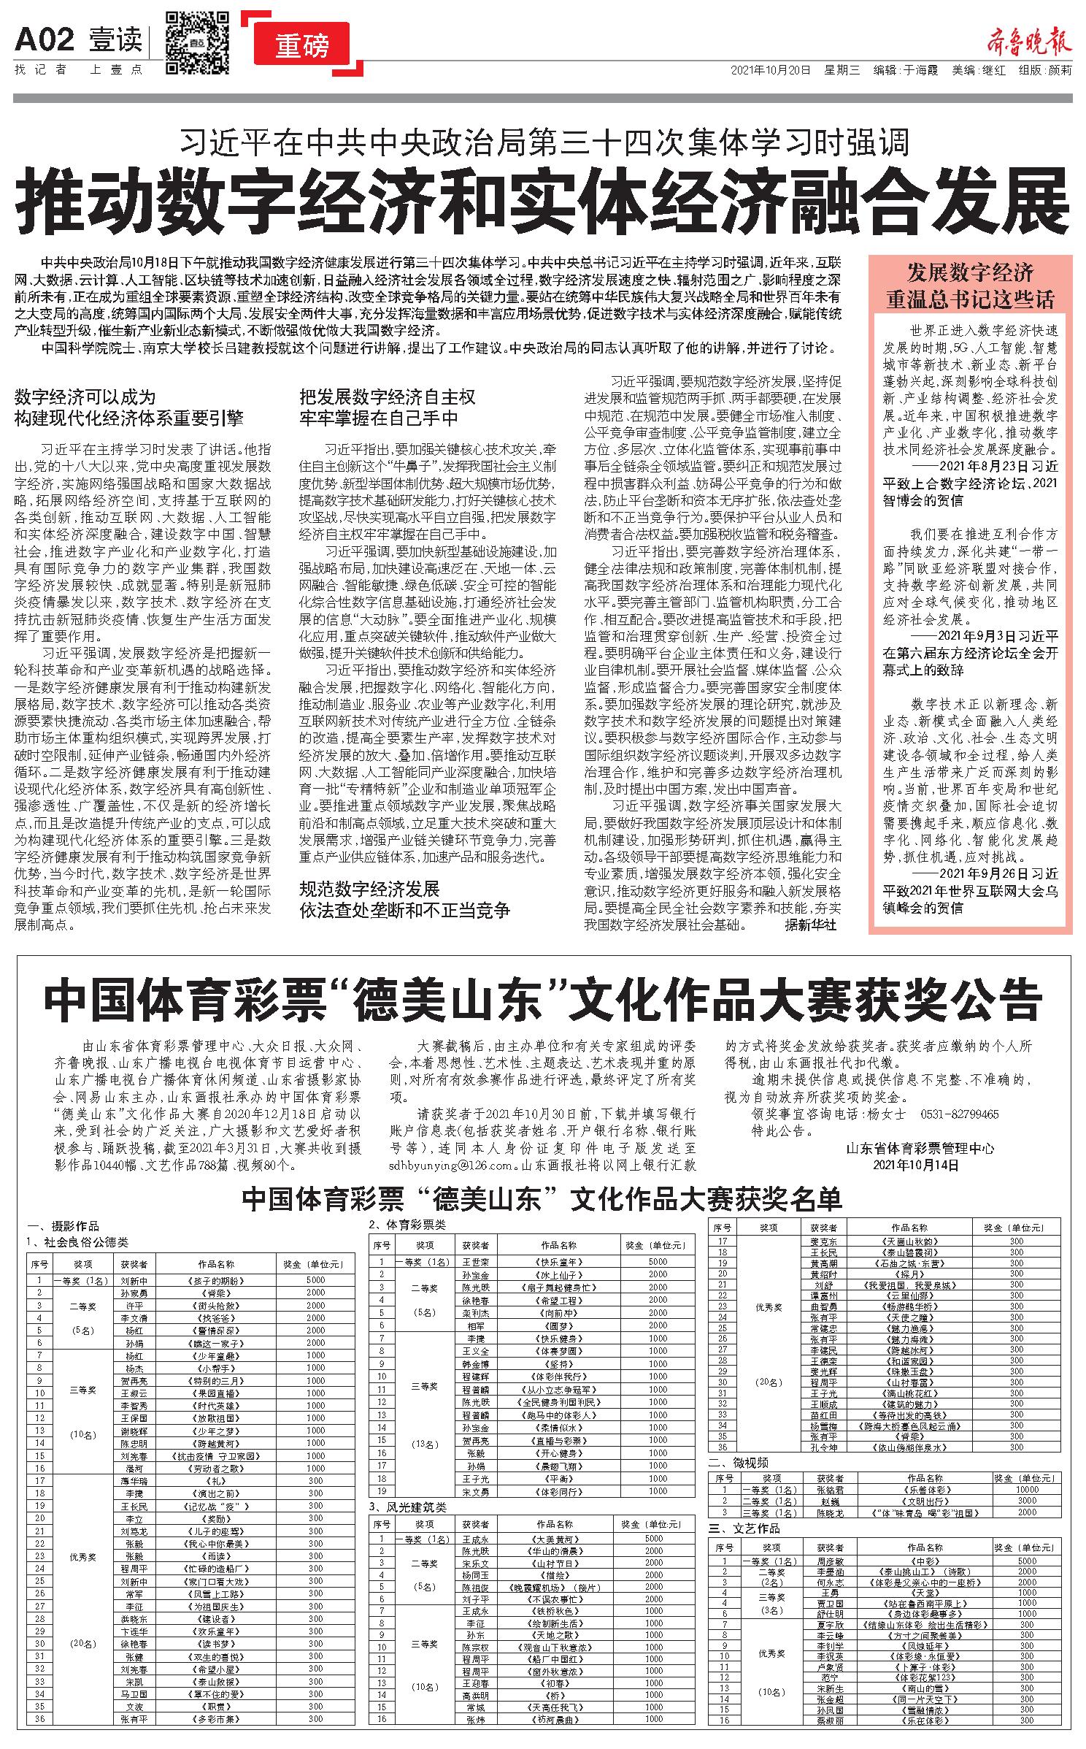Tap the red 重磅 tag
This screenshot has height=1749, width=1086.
pyautogui.click(x=302, y=45)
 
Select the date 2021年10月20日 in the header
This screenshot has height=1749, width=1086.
pyautogui.click(x=770, y=71)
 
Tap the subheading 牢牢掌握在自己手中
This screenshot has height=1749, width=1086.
pyautogui.click(x=379, y=418)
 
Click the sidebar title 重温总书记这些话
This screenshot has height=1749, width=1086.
pyautogui.click(x=969, y=299)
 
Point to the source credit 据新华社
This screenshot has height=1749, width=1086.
pyautogui.click(x=810, y=925)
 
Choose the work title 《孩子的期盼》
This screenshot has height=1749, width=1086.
pyautogui.click(x=217, y=1281)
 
